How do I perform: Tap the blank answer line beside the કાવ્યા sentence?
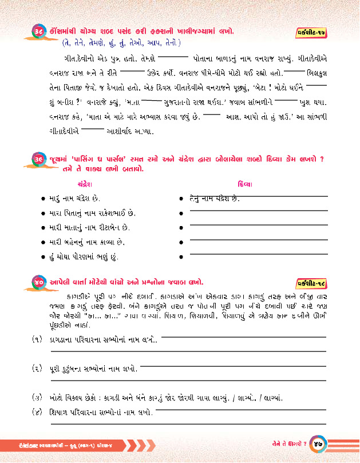tap(258, 242)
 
